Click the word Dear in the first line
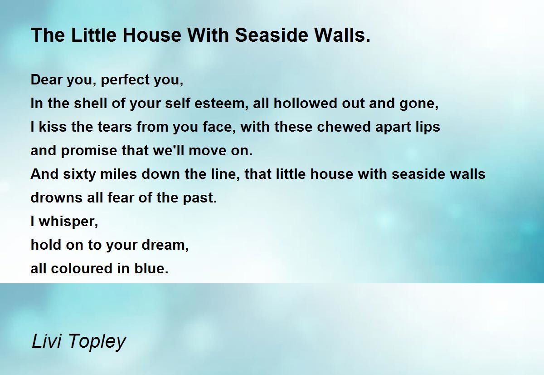point(47,79)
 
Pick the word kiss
point(53,127)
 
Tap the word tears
point(115,127)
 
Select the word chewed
point(344,127)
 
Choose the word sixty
point(80,175)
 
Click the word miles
point(118,174)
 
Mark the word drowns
point(56,197)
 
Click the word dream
point(165,245)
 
